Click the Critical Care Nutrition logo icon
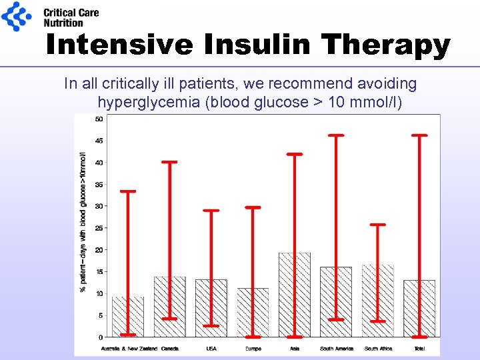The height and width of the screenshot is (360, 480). click(16, 17)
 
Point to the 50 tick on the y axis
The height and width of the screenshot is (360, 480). click(99, 119)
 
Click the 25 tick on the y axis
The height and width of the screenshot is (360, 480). click(99, 228)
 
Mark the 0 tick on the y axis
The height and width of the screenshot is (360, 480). click(100, 337)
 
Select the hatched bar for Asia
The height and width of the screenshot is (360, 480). click(295, 295)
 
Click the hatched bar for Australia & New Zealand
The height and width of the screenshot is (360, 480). click(128, 317)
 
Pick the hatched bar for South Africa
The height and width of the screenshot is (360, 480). click(378, 300)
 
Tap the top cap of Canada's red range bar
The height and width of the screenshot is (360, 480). click(169, 162)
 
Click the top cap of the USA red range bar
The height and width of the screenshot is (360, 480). click(211, 211)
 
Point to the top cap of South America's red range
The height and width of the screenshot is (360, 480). click(337, 135)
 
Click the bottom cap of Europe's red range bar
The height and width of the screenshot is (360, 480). click(253, 337)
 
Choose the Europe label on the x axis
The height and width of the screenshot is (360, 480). click(253, 349)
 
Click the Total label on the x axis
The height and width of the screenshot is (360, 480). click(419, 349)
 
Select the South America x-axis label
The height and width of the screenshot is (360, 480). click(336, 349)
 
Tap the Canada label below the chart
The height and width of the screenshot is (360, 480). click(169, 349)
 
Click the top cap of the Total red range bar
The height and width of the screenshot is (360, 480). click(419, 135)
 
